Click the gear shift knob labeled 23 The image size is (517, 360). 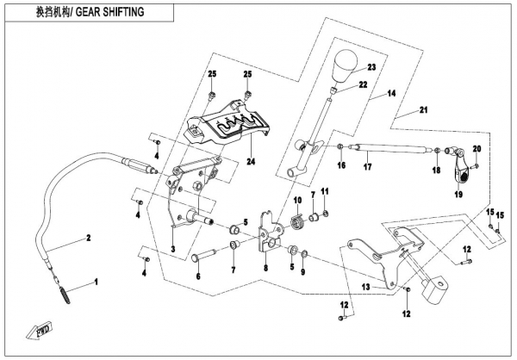(346, 66)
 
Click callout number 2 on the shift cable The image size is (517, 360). (87, 236)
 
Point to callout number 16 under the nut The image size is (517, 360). (341, 165)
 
